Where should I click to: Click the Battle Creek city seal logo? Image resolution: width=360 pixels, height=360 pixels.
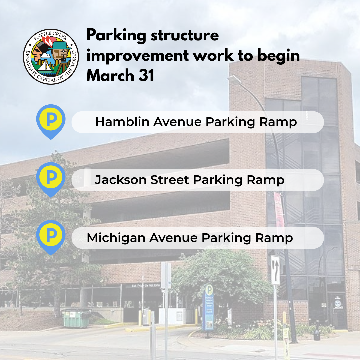click(51, 56)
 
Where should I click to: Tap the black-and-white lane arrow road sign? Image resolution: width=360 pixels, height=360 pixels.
click(275, 270)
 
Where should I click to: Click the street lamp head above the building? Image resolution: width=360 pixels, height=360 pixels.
click(234, 79)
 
